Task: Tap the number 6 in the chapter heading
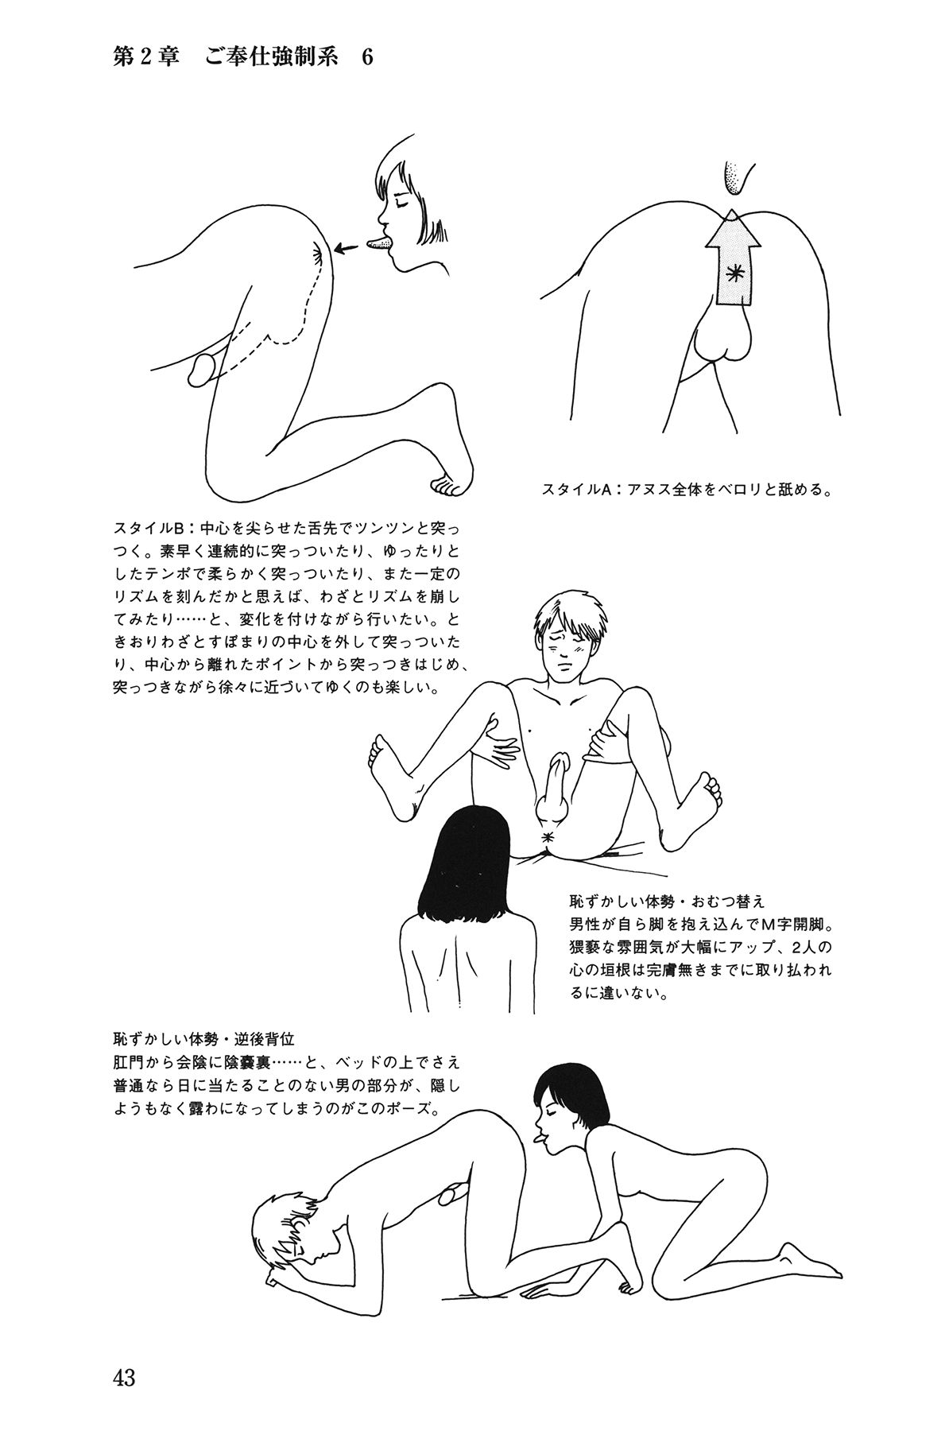tap(366, 59)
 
